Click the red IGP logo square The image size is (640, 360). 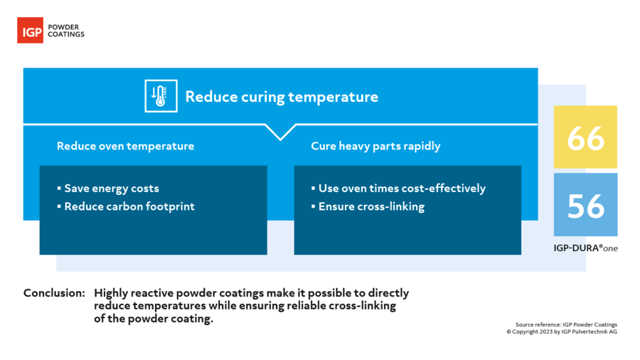[30, 30]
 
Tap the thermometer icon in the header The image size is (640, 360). [161, 96]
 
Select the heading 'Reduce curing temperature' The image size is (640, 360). [282, 97]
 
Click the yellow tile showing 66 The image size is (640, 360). [585, 137]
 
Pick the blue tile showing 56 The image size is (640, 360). [585, 204]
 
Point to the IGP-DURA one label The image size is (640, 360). [585, 248]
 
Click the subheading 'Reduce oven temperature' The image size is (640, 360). [125, 146]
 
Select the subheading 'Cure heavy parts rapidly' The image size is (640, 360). [375, 146]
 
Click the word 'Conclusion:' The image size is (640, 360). [54, 292]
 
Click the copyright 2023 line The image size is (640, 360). [562, 332]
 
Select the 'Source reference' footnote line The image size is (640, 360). [566, 324]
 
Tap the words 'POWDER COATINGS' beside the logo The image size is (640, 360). [66, 31]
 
